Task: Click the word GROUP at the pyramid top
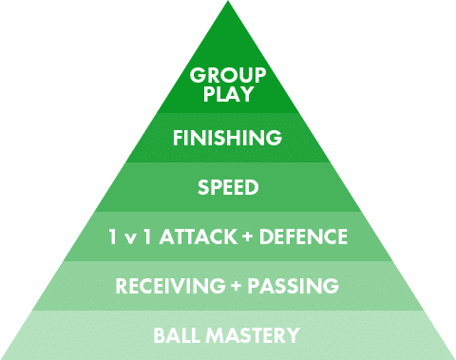pos(228,75)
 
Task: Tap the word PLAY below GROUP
pos(228,94)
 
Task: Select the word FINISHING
pos(227,138)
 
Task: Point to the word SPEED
pos(228,187)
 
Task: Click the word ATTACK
pos(199,237)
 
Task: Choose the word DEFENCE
pos(303,237)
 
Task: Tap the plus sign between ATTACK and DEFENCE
pos(249,237)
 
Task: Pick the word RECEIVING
pos(170,286)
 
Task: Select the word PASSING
pos(293,286)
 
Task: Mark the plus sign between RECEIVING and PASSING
pos(237,286)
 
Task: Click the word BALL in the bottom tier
pos(178,335)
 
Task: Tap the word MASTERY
pos(253,335)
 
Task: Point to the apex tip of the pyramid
pos(228,1)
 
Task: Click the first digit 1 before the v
pos(113,237)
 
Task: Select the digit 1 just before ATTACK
pos(147,237)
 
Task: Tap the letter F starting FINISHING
pos(178,138)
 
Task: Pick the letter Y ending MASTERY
pos(292,335)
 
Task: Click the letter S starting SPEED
pos(203,187)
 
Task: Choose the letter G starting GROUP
pos(198,75)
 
